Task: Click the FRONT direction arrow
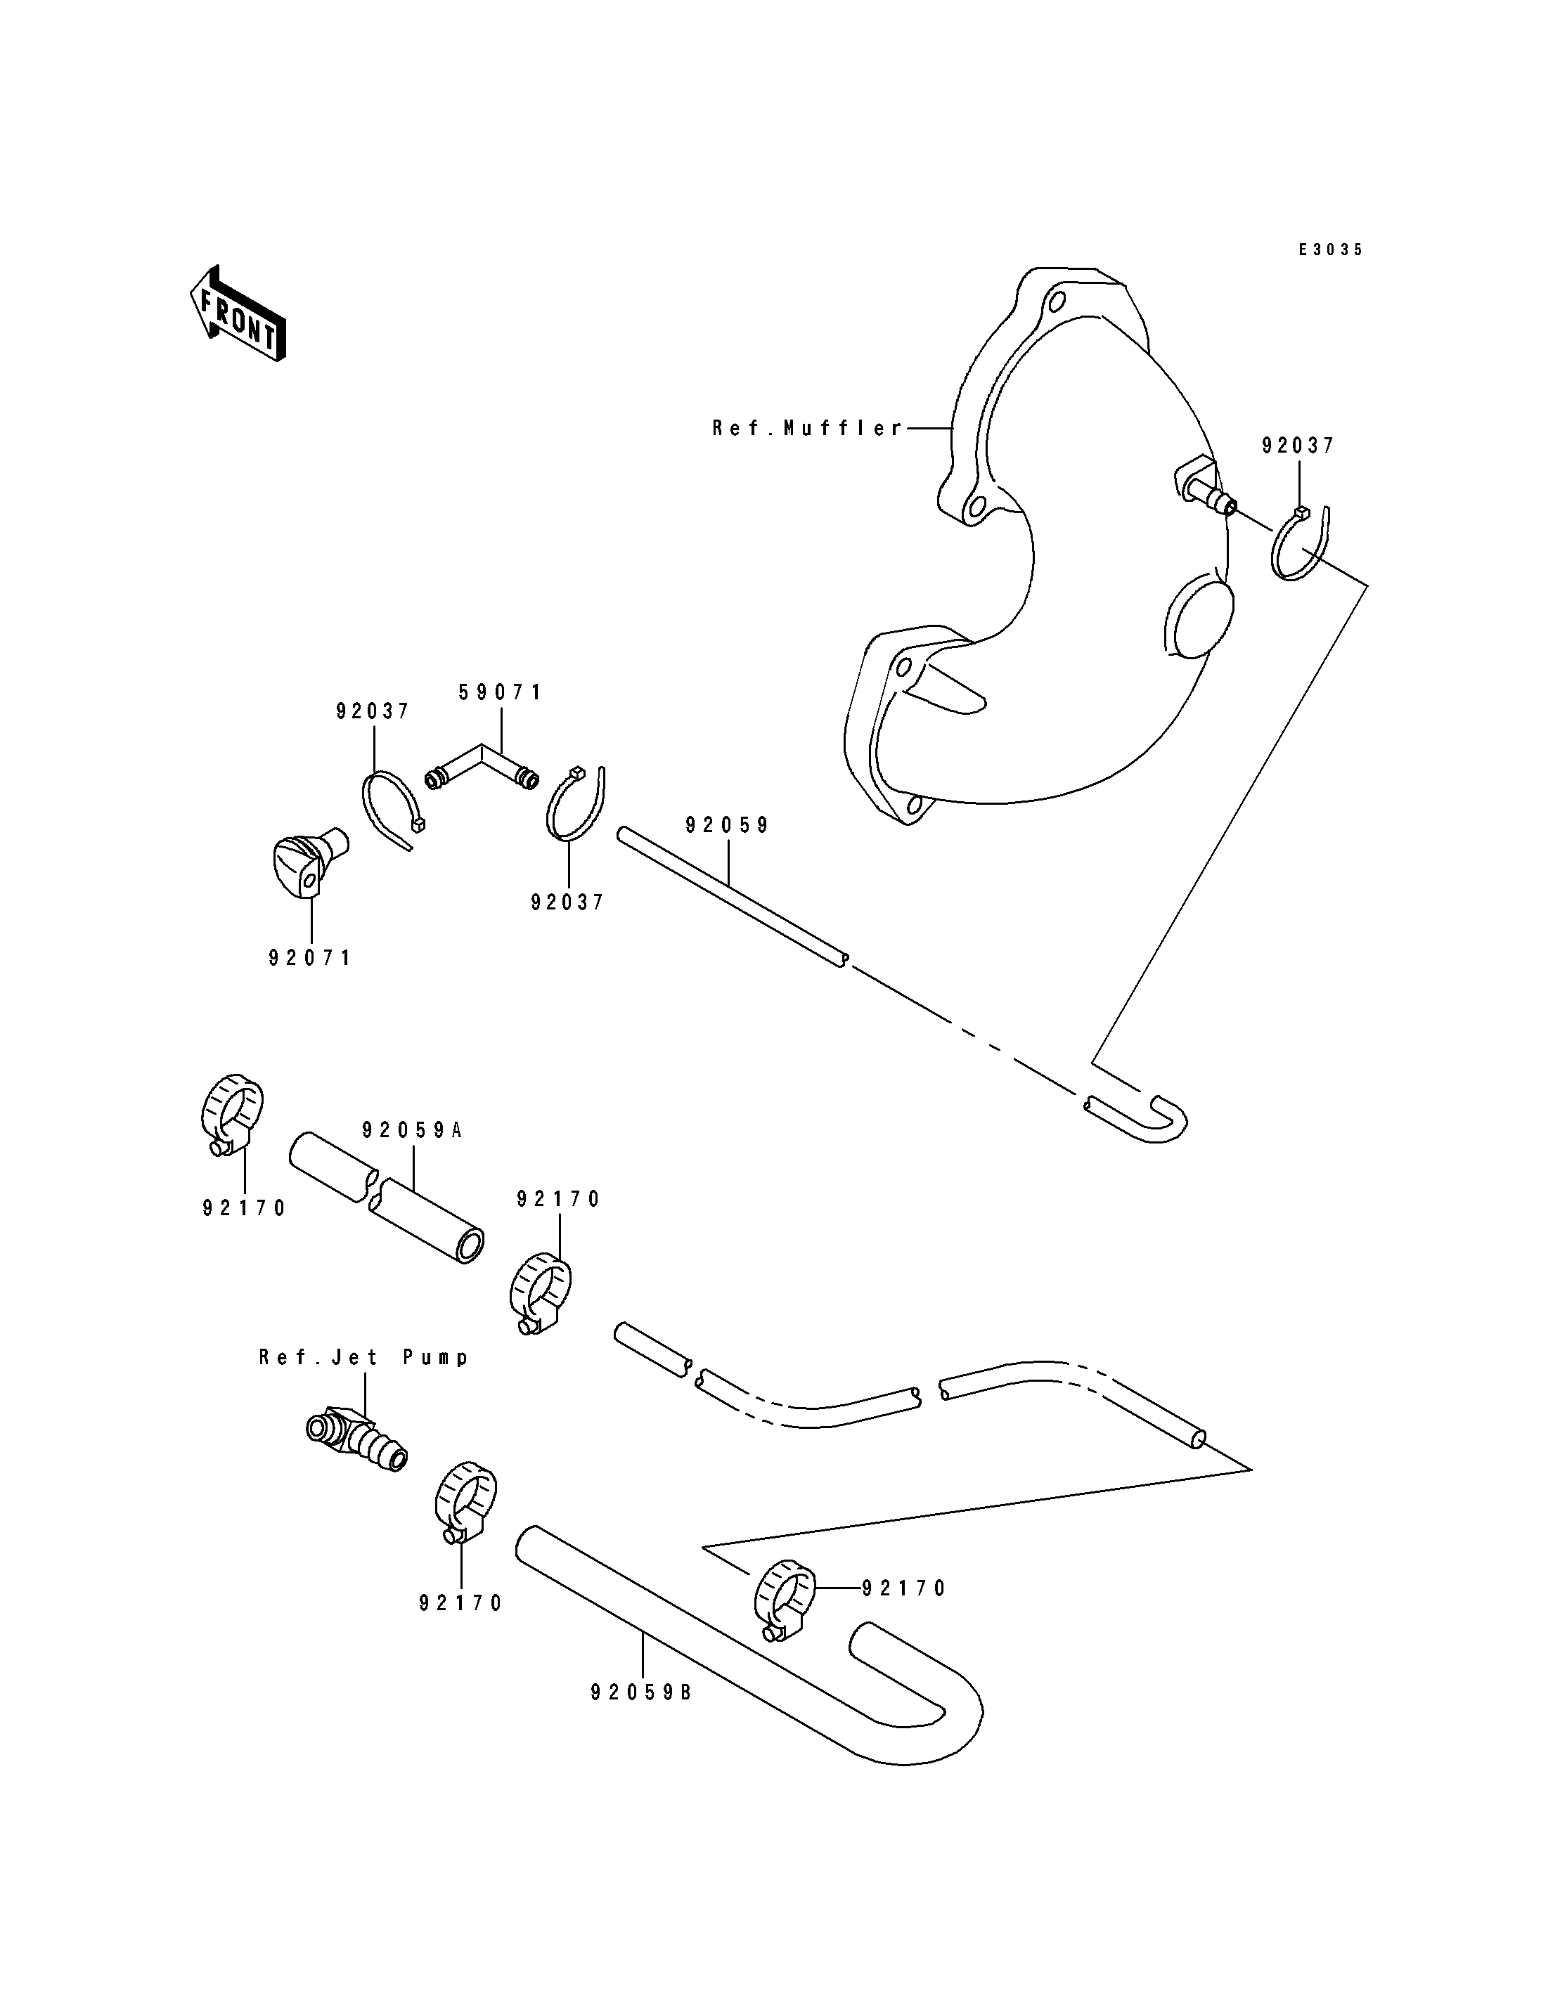(238, 313)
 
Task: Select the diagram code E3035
(1330, 250)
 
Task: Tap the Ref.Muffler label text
(808, 428)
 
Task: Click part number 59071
(501, 692)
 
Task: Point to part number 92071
(310, 957)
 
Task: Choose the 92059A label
(412, 1130)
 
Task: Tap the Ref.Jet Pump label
(364, 1357)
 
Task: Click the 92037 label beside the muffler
(1298, 446)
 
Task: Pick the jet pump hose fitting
(356, 1443)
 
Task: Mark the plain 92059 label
(728, 825)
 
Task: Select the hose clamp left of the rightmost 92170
(785, 1601)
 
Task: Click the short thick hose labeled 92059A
(386, 1198)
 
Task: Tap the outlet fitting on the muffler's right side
(1205, 484)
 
